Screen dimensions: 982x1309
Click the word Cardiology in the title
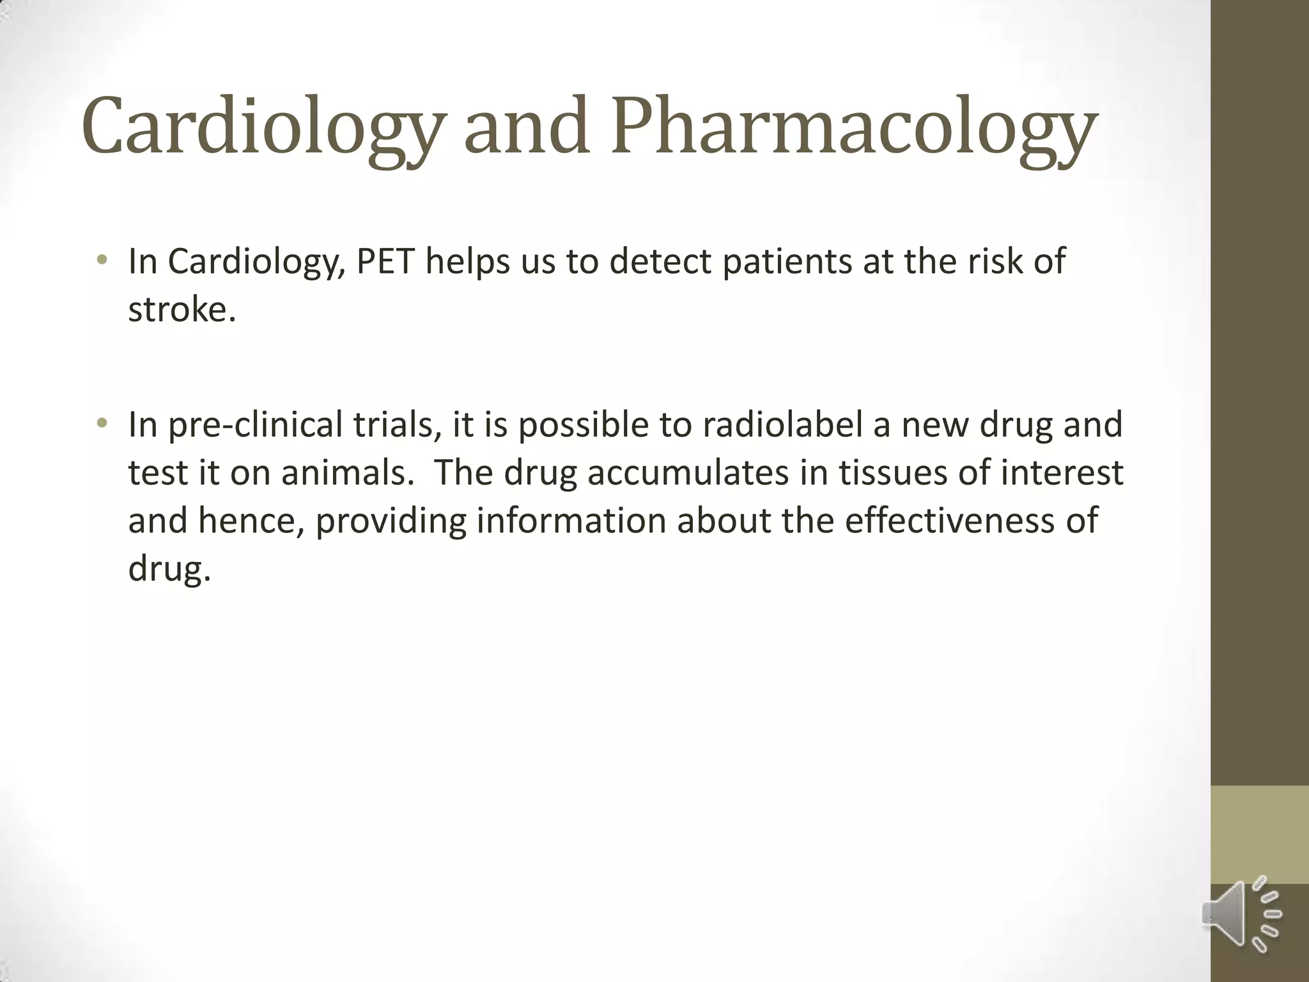click(261, 127)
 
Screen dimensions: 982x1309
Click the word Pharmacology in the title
click(854, 127)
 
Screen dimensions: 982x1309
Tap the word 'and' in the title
click(525, 127)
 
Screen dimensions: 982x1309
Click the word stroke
click(182, 309)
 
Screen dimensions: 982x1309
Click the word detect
click(660, 261)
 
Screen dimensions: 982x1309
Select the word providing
click(391, 522)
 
